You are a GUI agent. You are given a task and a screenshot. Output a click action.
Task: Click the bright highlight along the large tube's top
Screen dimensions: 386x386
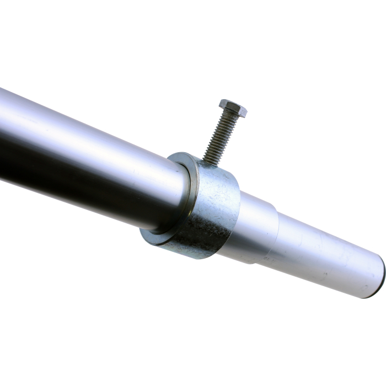point(83,124)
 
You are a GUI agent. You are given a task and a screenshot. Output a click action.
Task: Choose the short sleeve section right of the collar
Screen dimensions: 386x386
point(256,226)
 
